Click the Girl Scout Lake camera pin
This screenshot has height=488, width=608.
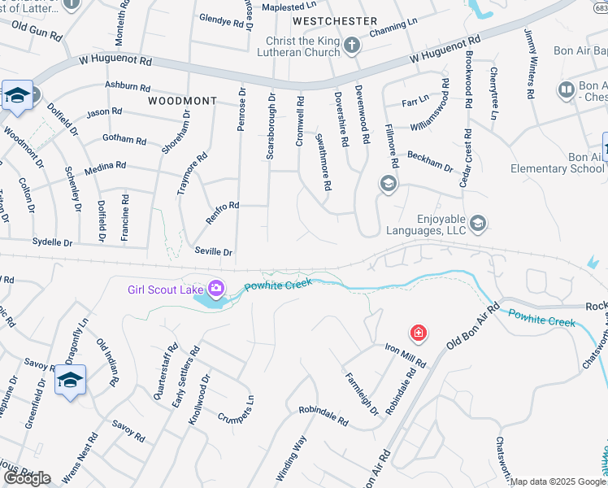coord(216,288)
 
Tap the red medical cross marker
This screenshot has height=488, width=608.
coord(419,333)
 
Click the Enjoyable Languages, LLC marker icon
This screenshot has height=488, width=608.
coord(478,223)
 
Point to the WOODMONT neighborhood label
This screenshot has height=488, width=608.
coord(183,101)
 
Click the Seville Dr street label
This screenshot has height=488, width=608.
coord(214,252)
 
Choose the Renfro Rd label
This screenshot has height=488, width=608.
coord(222,206)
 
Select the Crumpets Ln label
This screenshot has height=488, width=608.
coord(237,408)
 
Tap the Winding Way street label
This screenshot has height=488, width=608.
coord(291,458)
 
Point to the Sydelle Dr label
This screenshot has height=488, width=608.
coord(52,242)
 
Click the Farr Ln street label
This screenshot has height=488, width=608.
coord(415,102)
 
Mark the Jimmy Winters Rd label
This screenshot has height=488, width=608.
coord(529,64)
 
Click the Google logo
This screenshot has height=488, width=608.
coord(27,478)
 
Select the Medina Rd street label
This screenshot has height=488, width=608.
coord(108,165)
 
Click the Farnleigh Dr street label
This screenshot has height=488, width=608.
coord(363,394)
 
